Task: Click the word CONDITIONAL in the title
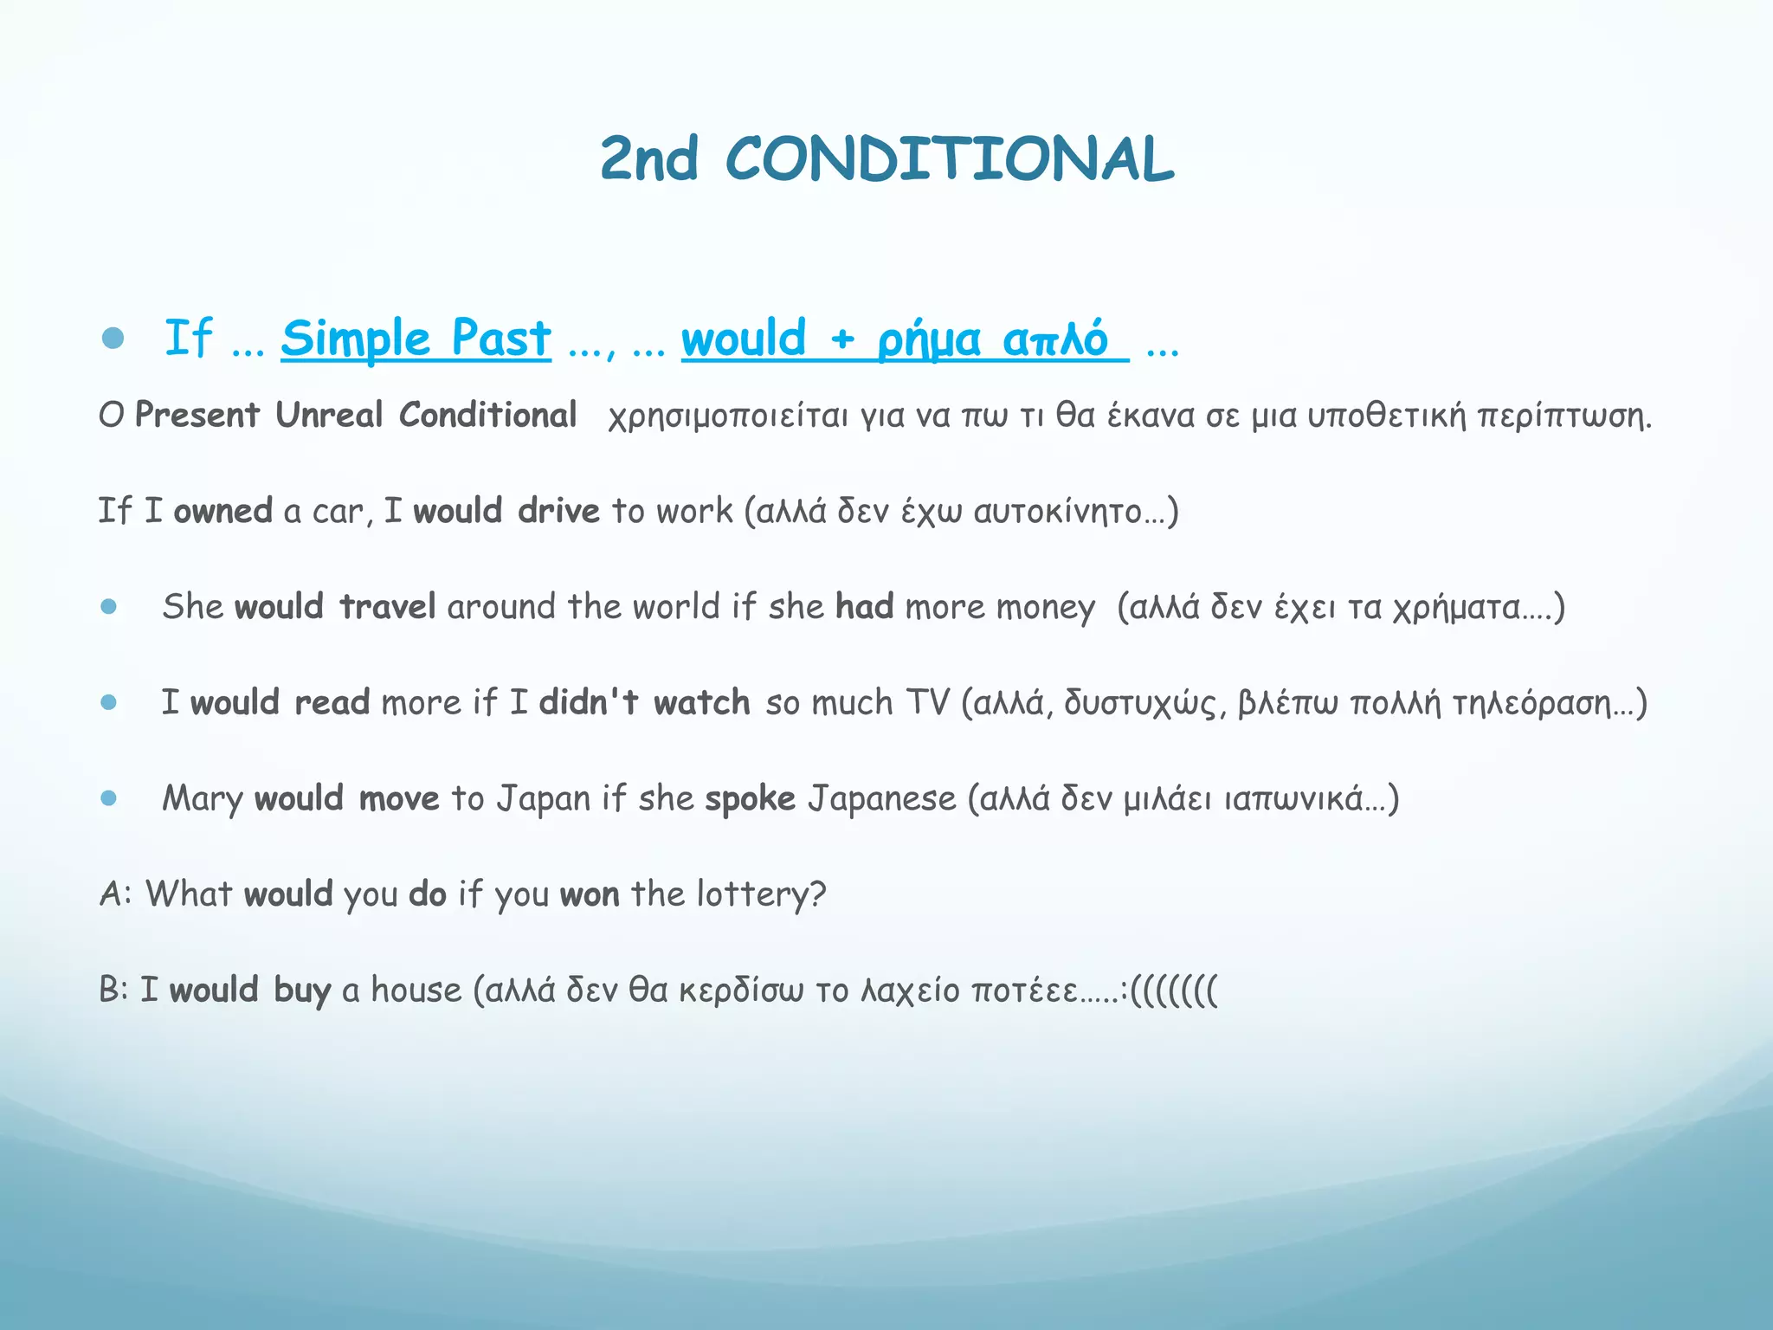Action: pos(949,159)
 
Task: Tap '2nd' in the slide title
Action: pos(648,159)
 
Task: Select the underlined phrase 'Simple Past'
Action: pos(416,338)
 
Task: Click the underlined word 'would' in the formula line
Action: pos(744,338)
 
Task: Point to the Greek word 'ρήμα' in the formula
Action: pos(929,339)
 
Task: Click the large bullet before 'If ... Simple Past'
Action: pos(113,338)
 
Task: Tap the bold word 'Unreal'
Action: pos(329,416)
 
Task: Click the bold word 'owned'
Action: pos(222,511)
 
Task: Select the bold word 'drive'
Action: pos(558,511)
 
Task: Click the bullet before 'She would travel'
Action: pos(108,607)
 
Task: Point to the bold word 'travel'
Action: pos(387,607)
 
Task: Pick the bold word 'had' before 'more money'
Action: pos(864,607)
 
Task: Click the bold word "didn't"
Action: pos(589,702)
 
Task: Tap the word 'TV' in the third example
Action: pos(927,702)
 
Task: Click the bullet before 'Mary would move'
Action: pos(108,798)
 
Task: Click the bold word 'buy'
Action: pos(302,991)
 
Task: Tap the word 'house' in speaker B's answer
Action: pos(416,990)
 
